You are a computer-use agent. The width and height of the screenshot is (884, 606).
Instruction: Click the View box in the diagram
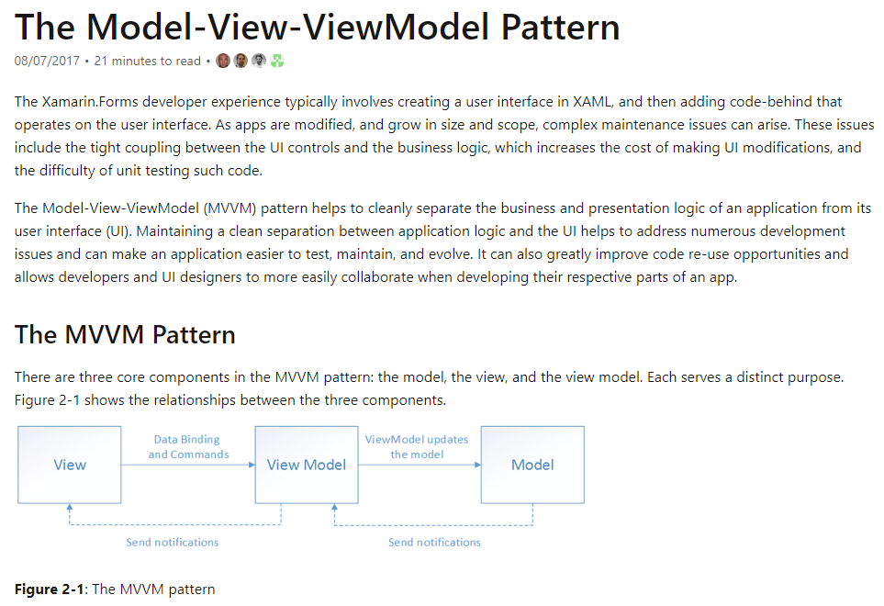pyautogui.click(x=70, y=465)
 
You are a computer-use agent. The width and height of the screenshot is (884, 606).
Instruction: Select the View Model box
pyautogui.click(x=306, y=465)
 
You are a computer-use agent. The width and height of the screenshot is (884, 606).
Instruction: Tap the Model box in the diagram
pyautogui.click(x=532, y=465)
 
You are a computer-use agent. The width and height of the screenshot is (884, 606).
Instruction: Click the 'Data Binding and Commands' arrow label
pyautogui.click(x=188, y=447)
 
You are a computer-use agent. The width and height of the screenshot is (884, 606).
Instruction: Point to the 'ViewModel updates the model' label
pyautogui.click(x=417, y=447)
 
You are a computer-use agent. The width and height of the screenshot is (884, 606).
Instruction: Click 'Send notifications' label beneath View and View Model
pyautogui.click(x=173, y=543)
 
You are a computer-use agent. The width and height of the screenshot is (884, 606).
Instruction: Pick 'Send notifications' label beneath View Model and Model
pyautogui.click(x=434, y=543)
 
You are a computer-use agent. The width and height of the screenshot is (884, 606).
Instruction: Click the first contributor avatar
pyautogui.click(x=223, y=62)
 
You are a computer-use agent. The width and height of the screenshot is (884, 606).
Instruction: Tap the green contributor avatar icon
pyautogui.click(x=277, y=62)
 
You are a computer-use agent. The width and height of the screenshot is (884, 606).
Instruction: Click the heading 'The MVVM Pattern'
pyautogui.click(x=125, y=334)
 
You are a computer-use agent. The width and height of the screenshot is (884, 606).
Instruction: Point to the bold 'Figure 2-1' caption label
pyautogui.click(x=49, y=589)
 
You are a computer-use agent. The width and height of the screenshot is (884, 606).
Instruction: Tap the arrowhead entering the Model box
pyautogui.click(x=477, y=465)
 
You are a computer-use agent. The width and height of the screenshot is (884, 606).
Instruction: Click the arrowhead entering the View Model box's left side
pyautogui.click(x=251, y=465)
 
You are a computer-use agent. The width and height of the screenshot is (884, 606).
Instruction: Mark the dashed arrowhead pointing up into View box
pyautogui.click(x=71, y=508)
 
